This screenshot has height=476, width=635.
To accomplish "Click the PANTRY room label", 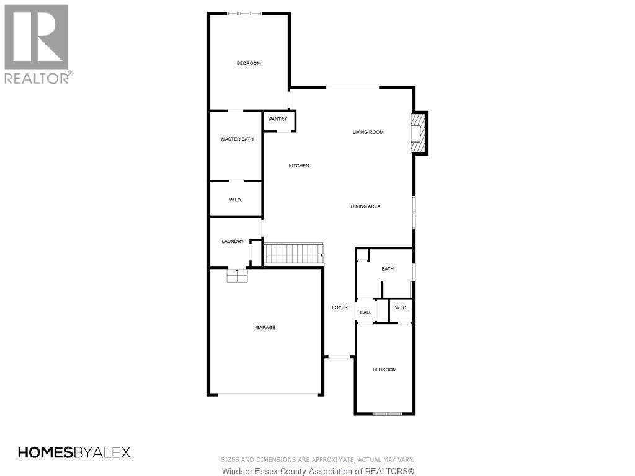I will pyautogui.click(x=278, y=119).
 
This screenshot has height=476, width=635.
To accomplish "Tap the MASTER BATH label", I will pyautogui.click(x=237, y=139).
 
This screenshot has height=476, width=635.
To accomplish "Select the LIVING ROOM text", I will pyautogui.click(x=368, y=132).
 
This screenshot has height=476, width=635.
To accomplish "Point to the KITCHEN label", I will pyautogui.click(x=298, y=166).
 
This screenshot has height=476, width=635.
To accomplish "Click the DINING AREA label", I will pyautogui.click(x=365, y=206).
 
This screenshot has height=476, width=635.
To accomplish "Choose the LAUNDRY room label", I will pyautogui.click(x=233, y=242).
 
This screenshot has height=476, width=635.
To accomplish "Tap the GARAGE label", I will pyautogui.click(x=265, y=328).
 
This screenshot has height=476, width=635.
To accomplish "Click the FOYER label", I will pyautogui.click(x=339, y=307).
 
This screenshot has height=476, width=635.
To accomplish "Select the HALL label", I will pyautogui.click(x=366, y=312).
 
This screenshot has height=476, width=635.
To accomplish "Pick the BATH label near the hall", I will pyautogui.click(x=388, y=269).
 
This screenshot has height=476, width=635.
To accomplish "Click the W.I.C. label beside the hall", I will pyautogui.click(x=401, y=308).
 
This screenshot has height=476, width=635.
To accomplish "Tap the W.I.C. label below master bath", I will pyautogui.click(x=235, y=200).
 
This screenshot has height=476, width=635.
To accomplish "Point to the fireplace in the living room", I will pyautogui.click(x=419, y=133).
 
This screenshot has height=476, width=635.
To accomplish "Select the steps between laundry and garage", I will pyautogui.click(x=237, y=276).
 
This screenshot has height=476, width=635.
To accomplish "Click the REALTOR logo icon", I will pyautogui.click(x=36, y=37).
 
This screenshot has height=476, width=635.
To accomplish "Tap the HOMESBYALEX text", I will pyautogui.click(x=74, y=452).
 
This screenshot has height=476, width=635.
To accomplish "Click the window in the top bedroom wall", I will pyautogui.click(x=244, y=14).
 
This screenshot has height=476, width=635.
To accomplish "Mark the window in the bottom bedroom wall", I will pyautogui.click(x=387, y=413).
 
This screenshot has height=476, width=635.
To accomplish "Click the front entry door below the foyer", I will pyautogui.click(x=339, y=356).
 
